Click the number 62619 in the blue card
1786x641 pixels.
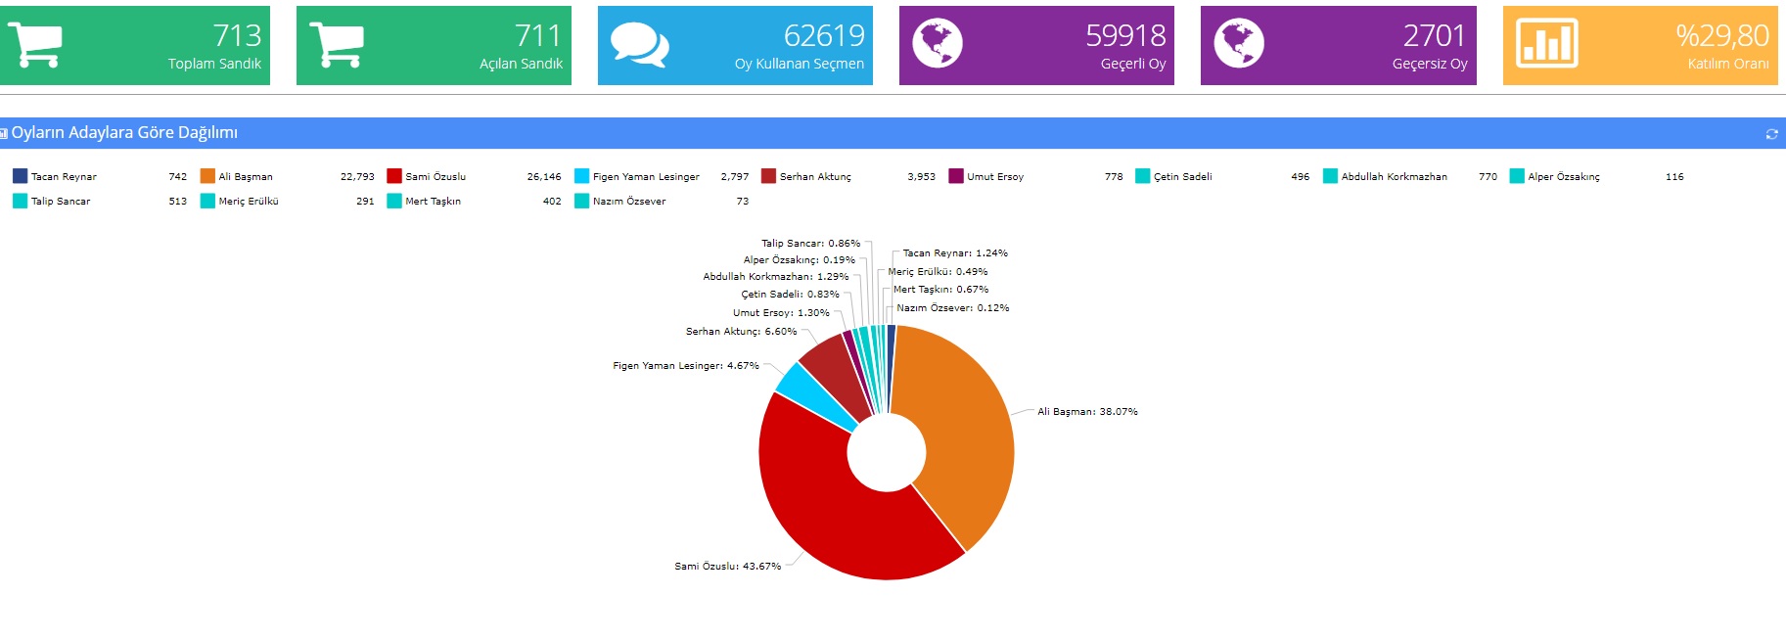tap(824, 35)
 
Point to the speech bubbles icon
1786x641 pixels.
tap(639, 45)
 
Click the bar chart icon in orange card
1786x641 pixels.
tap(1546, 44)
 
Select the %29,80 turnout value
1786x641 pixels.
tap(1721, 35)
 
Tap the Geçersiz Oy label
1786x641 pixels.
tap(1429, 64)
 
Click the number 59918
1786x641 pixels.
tap(1125, 35)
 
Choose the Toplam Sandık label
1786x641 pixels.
tap(214, 64)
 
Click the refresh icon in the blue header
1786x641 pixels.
tap(1771, 134)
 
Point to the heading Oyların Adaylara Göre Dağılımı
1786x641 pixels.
tap(124, 133)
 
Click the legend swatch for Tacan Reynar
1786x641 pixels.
tap(20, 176)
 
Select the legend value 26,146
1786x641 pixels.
tap(544, 177)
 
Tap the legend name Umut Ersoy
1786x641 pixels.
tap(995, 177)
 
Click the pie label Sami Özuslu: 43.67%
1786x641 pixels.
tap(727, 567)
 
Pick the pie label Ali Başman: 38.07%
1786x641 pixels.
tap(1087, 412)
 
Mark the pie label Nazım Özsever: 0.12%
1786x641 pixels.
tap(952, 308)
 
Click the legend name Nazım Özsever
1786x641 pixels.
tap(628, 202)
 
